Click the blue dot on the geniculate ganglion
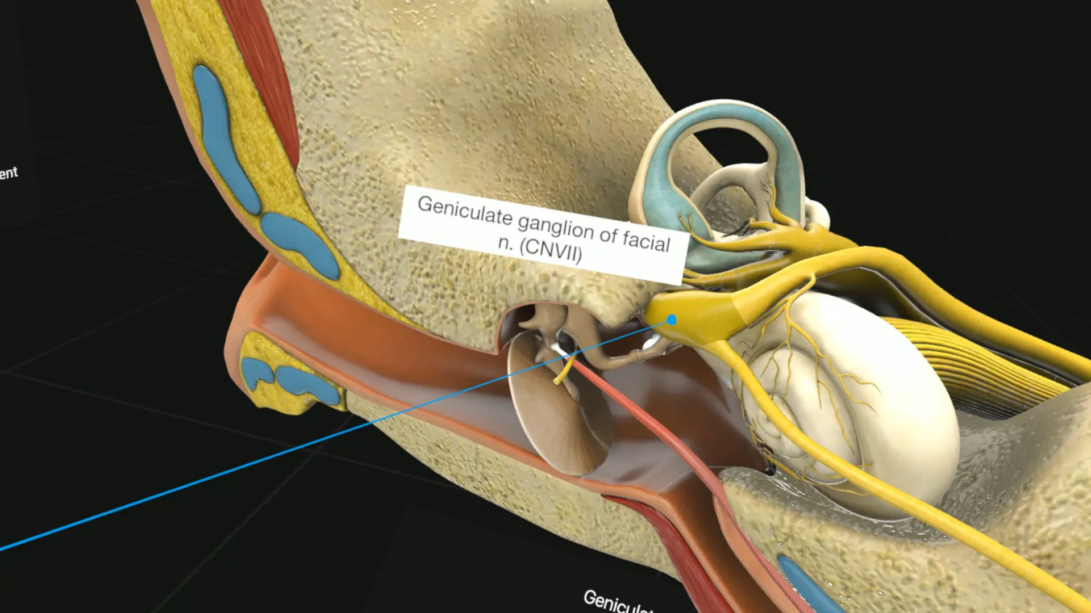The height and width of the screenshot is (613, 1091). pos(672,320)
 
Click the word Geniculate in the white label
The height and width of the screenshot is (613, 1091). pos(465,211)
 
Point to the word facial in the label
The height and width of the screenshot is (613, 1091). pos(646,240)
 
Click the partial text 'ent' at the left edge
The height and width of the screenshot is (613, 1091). pos(9,173)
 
